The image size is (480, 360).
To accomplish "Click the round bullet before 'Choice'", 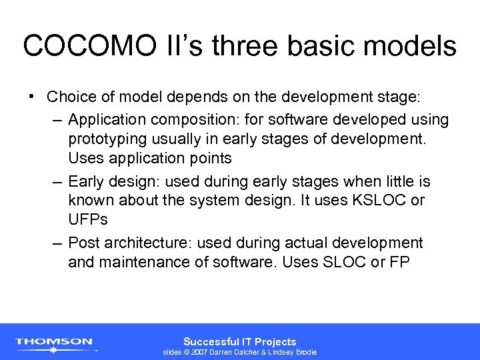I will pyautogui.click(x=32, y=96).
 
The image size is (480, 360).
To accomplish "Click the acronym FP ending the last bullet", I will pyautogui.click(x=400, y=262).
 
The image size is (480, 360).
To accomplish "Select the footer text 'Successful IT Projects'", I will pyautogui.click(x=239, y=341).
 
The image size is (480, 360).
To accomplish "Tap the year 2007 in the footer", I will pyautogui.click(x=200, y=352).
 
